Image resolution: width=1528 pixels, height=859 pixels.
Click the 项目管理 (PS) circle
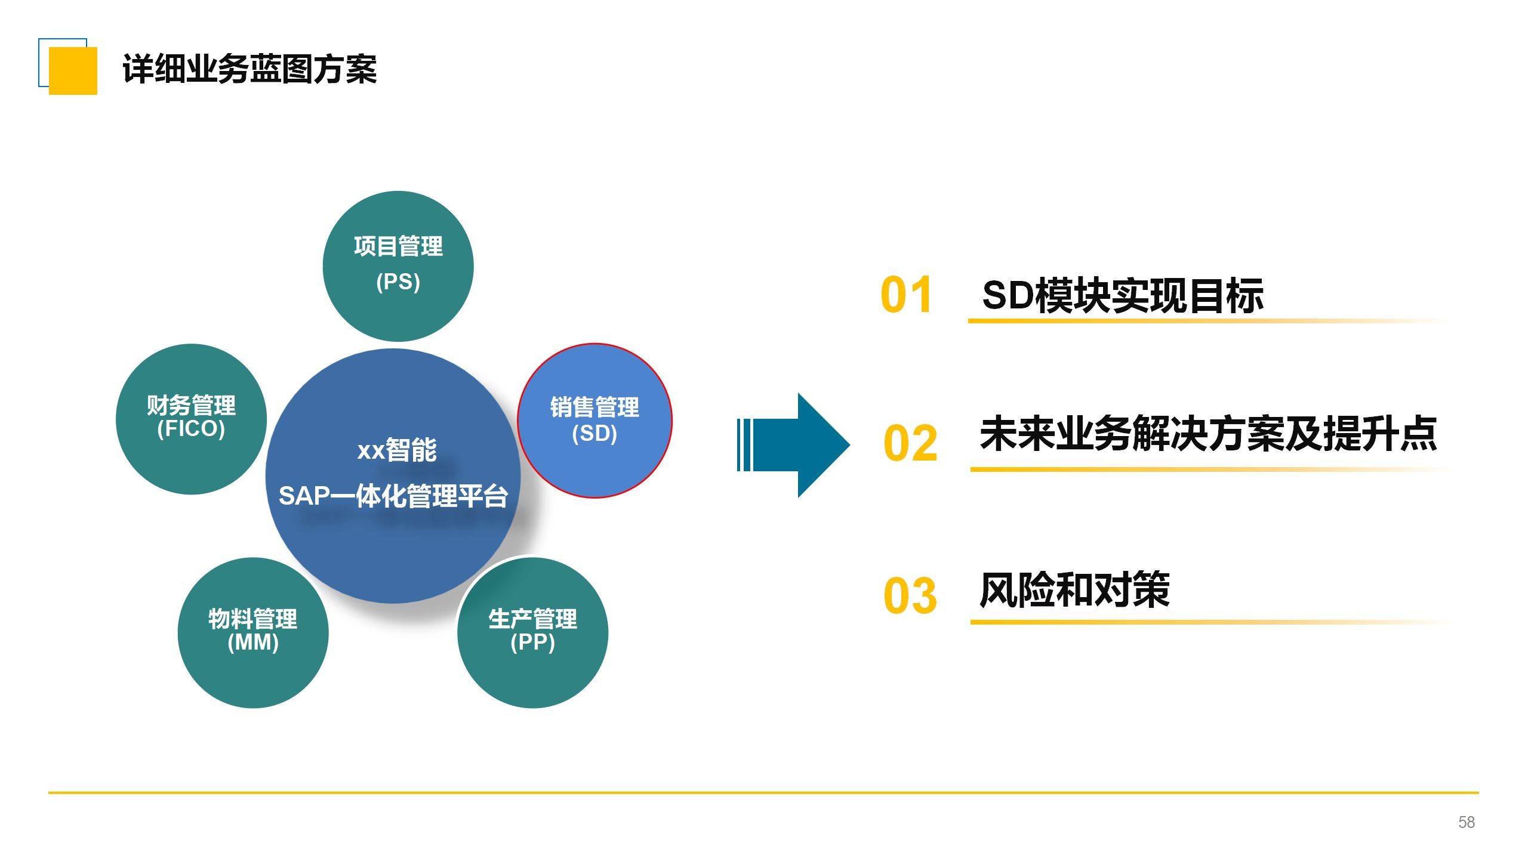398,265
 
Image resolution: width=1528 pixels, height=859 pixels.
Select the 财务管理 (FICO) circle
191,419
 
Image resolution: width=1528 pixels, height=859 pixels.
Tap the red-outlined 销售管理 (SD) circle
594,421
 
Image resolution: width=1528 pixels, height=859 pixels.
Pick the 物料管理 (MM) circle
253,632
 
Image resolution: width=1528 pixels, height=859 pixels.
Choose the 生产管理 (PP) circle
532,632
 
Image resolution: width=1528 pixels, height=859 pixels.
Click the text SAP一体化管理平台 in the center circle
393,496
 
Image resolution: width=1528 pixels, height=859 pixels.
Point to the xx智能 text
397,450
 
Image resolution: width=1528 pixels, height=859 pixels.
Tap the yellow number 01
905,295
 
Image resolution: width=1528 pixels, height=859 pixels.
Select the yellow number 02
910,443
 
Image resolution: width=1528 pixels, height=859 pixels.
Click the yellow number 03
910,595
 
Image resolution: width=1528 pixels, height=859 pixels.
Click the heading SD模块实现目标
1122,295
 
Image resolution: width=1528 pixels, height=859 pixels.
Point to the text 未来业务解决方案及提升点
1208,434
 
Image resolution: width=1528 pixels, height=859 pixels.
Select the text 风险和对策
1074,590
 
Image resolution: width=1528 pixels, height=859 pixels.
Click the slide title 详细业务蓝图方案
249,69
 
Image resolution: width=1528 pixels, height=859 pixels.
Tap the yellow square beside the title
73,70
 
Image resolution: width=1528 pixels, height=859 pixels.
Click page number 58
1466,822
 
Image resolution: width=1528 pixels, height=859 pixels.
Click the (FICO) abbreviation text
191,429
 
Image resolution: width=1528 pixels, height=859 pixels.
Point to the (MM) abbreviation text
253,642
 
